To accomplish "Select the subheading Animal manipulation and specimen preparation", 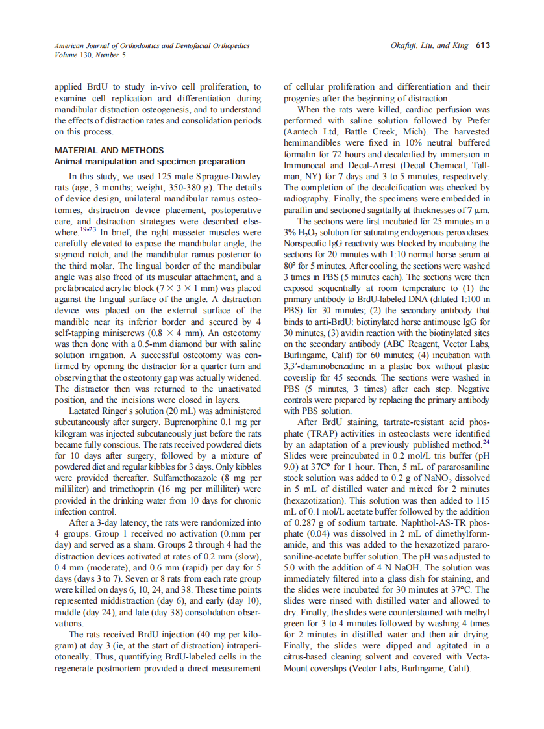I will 150,161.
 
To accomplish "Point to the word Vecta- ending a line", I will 476,658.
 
